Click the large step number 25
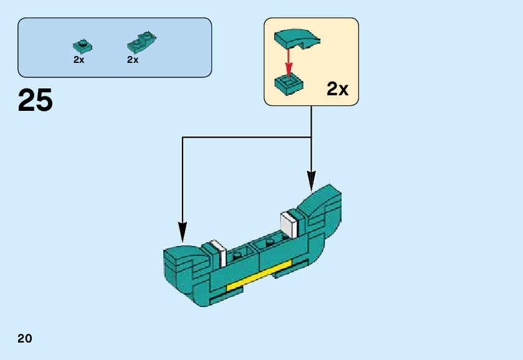(x=36, y=101)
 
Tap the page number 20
(x=25, y=339)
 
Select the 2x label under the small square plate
(x=79, y=60)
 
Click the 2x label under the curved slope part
(x=132, y=60)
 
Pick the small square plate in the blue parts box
(x=82, y=45)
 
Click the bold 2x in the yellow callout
(x=337, y=89)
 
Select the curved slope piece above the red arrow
(x=297, y=38)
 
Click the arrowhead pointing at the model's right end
(x=311, y=181)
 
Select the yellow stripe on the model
(x=259, y=276)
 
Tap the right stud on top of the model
(x=269, y=241)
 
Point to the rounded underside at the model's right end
(x=327, y=240)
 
